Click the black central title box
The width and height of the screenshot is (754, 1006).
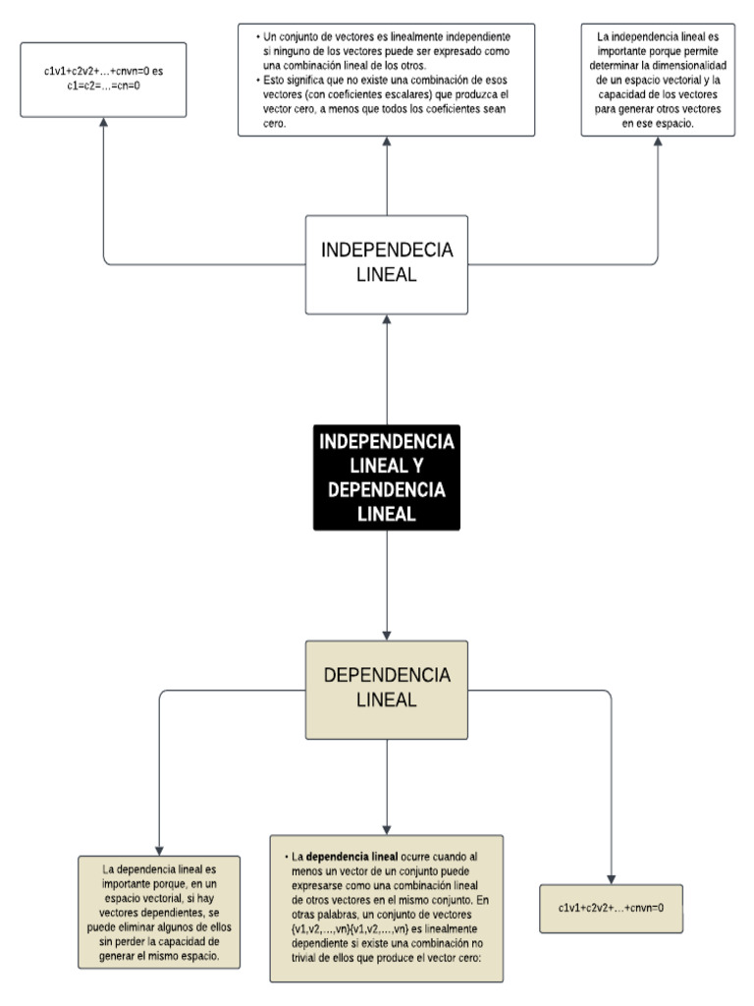(x=386, y=477)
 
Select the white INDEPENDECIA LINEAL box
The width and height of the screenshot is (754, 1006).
(x=386, y=261)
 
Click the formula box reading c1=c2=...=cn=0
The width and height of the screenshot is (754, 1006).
(x=103, y=80)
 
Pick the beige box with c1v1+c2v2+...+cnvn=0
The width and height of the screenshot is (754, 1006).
(x=611, y=908)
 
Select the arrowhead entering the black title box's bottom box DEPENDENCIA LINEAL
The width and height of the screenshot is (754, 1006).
(x=387, y=633)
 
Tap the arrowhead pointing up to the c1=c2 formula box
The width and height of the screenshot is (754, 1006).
(x=103, y=126)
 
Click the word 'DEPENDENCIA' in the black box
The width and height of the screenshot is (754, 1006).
(x=386, y=489)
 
